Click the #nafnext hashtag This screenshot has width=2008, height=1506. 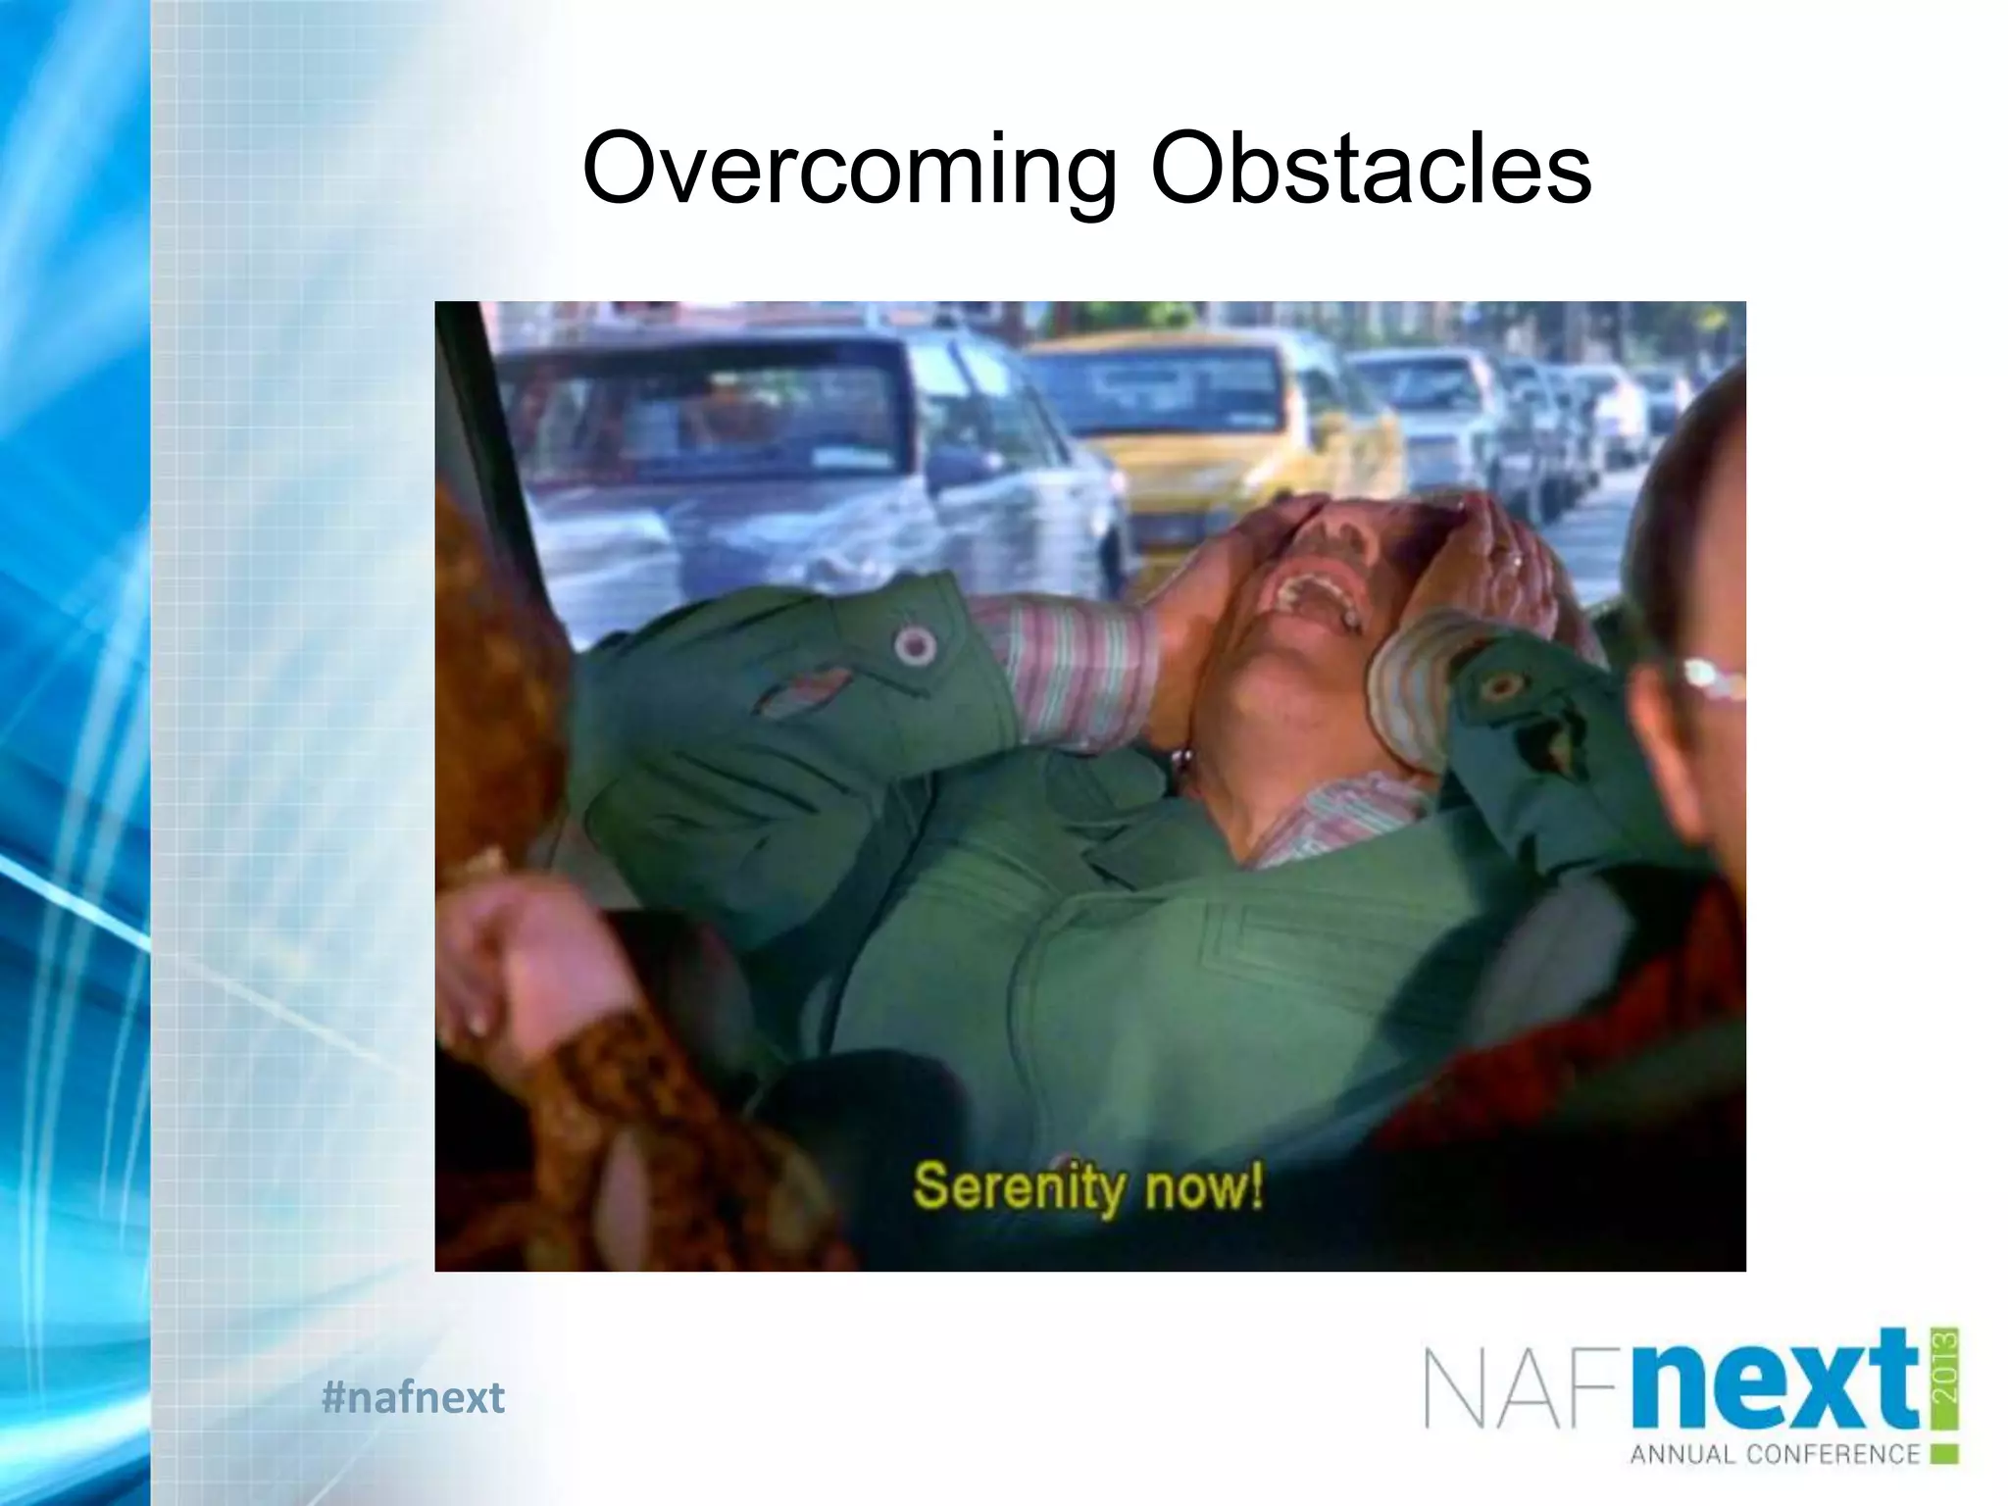[413, 1397]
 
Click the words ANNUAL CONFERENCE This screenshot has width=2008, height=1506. [1775, 1454]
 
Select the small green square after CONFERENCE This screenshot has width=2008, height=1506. [1945, 1454]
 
